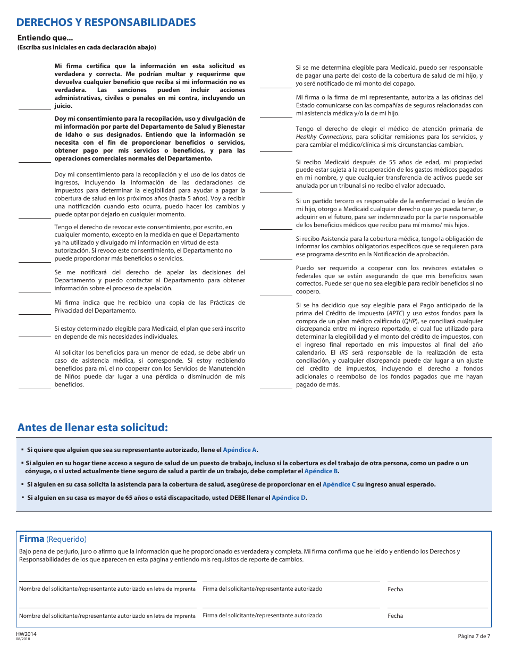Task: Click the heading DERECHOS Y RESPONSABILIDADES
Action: (x=106, y=22)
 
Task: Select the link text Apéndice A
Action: (x=240, y=450)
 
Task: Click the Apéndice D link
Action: (x=289, y=498)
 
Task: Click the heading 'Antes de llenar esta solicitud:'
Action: (x=92, y=427)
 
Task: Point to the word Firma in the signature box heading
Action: (x=31, y=539)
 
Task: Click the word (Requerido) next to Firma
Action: (x=66, y=539)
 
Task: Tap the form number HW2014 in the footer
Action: (x=26, y=634)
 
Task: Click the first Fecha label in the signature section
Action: (x=395, y=589)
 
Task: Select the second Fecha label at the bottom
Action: (x=395, y=616)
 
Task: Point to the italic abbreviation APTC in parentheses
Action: (x=394, y=313)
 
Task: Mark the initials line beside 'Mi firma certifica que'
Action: (x=35, y=109)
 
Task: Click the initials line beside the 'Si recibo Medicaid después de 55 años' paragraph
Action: (x=276, y=191)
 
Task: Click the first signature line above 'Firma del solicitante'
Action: (x=291, y=581)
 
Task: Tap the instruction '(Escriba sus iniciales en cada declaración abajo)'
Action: (x=87, y=47)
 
